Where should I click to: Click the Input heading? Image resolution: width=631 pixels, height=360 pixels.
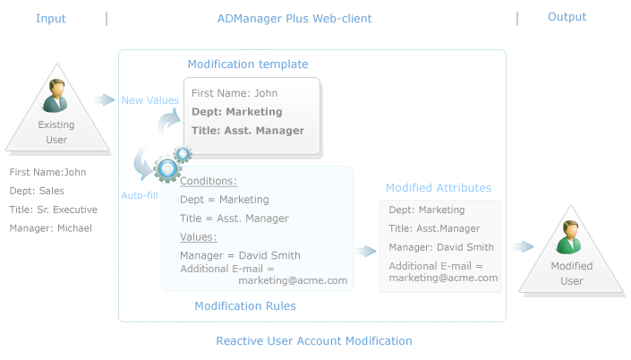click(51, 19)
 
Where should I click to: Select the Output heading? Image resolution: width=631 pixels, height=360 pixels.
click(567, 17)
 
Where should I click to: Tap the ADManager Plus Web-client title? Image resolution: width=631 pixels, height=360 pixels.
click(294, 19)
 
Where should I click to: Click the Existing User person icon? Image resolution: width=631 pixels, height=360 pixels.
click(55, 96)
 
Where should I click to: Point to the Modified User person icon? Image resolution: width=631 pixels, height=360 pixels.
click(569, 237)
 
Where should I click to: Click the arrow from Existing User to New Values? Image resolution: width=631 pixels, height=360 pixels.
click(104, 99)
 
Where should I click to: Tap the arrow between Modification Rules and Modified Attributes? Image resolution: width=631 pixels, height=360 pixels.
click(365, 251)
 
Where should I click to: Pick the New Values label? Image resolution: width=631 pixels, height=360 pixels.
click(150, 100)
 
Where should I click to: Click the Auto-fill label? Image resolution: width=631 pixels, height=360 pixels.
click(140, 195)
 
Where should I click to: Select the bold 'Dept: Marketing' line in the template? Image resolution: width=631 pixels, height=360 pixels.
click(236, 112)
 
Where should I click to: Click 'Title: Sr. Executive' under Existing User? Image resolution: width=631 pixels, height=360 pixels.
click(54, 210)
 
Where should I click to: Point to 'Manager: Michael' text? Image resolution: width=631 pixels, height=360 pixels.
click(51, 228)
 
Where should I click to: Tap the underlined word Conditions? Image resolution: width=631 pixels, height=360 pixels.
click(208, 181)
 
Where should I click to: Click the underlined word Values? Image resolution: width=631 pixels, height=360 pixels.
click(198, 237)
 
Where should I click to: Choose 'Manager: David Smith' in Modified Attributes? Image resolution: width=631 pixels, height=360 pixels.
click(441, 247)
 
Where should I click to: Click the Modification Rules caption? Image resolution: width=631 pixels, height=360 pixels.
click(245, 306)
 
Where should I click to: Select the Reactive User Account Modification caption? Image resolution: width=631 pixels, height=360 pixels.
click(314, 341)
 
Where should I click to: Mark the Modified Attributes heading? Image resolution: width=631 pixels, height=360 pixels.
click(439, 188)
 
